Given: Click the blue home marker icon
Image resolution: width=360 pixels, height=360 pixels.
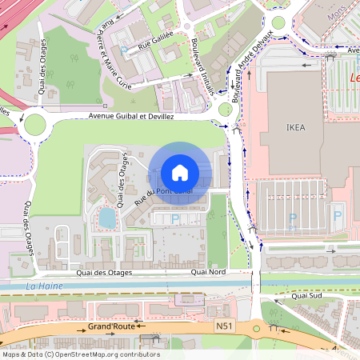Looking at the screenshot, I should pos(180,173).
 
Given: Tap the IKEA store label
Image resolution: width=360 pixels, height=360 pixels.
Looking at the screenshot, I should pos(295,127).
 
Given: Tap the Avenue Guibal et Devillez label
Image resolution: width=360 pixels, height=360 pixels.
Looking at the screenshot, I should pos(131,116).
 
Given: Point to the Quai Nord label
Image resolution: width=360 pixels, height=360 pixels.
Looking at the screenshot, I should pos(209,273).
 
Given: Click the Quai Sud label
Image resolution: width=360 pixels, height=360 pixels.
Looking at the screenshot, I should pos(306,295).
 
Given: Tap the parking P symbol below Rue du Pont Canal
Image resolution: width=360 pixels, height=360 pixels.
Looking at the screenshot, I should pos(176,218).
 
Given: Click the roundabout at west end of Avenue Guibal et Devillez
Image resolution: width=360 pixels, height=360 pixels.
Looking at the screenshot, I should pos(35,124).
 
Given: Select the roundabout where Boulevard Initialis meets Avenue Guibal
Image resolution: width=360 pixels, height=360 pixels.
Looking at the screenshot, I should pos(226,110).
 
